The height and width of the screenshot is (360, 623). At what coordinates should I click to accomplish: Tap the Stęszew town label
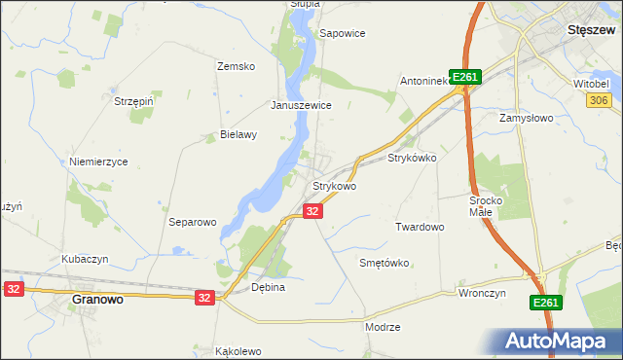pos(588,30)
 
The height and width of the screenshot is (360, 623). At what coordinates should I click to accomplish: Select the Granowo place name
pos(97,301)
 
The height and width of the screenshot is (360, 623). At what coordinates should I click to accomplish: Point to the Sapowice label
pos(343,33)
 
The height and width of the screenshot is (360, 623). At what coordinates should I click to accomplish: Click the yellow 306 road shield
pos(599,100)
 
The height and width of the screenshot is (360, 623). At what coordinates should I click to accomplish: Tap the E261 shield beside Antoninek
pos(466,78)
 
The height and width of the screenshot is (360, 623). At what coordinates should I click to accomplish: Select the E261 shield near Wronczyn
pos(546,305)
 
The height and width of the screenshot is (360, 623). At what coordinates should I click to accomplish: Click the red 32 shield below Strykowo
pos(312,211)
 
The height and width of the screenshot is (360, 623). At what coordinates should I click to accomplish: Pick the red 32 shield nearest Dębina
pos(203,298)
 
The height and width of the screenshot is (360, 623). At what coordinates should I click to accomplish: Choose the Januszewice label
pos(302,105)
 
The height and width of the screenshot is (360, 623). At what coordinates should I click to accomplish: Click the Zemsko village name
pos(236,66)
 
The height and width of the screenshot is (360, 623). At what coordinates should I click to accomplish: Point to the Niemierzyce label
pos(98,162)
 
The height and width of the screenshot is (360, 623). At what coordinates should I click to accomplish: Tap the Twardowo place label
pos(420,227)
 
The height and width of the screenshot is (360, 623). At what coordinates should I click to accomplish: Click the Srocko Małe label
pos(485,205)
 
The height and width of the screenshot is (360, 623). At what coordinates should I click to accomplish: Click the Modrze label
pos(383,327)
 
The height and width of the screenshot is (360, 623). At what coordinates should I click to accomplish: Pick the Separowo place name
pos(192,222)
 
